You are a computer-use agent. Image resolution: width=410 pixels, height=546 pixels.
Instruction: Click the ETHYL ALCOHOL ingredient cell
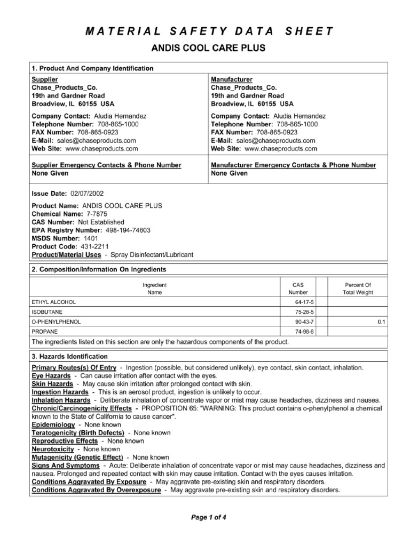54,302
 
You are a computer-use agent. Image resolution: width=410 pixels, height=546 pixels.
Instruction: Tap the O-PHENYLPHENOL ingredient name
56,322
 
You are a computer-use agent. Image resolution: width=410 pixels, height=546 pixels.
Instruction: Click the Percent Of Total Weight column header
358,288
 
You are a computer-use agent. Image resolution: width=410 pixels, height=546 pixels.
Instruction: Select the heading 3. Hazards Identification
70,356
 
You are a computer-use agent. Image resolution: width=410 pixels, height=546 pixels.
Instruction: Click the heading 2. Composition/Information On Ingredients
99,269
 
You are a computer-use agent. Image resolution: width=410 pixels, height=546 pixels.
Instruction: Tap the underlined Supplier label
45,79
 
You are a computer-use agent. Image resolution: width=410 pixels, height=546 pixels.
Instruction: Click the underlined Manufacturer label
231,79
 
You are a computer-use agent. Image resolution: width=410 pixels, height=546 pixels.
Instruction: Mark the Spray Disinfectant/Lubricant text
151,255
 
